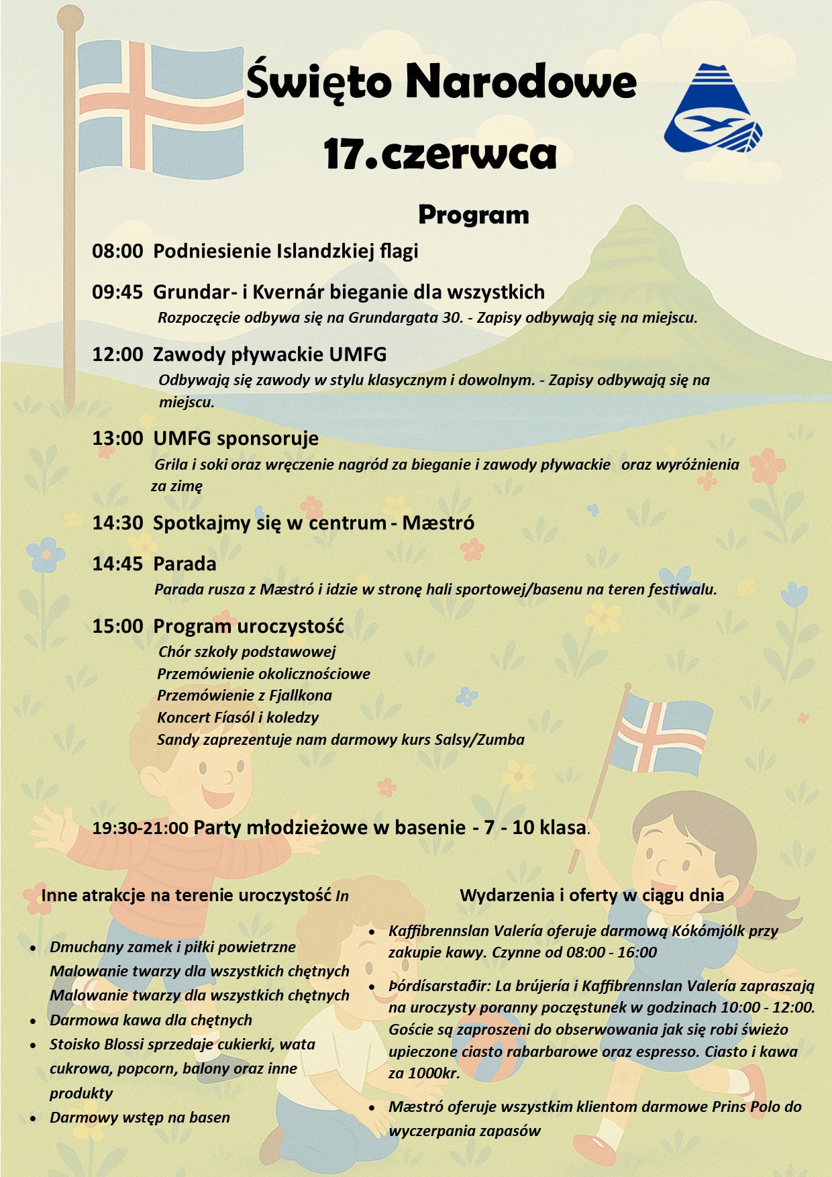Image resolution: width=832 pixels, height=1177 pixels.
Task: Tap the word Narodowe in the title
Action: click(521, 82)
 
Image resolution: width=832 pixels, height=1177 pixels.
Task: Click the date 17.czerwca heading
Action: click(440, 154)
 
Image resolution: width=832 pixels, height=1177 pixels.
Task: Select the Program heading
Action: click(474, 215)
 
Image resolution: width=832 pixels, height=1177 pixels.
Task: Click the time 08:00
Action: click(117, 252)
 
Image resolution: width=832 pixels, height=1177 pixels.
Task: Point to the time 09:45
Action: click(117, 292)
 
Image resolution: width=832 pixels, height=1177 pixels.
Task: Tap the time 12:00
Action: click(117, 354)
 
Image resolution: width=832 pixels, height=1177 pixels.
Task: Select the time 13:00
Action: click(117, 439)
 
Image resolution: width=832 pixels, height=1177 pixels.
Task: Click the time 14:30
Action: click(117, 523)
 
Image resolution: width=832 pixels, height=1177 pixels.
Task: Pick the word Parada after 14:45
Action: click(185, 564)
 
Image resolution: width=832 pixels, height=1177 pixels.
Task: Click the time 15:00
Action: click(117, 626)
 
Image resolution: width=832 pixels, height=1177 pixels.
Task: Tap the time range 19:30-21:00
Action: click(140, 828)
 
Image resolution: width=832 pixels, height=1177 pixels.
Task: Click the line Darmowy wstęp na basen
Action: click(140, 1117)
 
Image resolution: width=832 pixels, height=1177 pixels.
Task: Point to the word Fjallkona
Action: click(301, 695)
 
